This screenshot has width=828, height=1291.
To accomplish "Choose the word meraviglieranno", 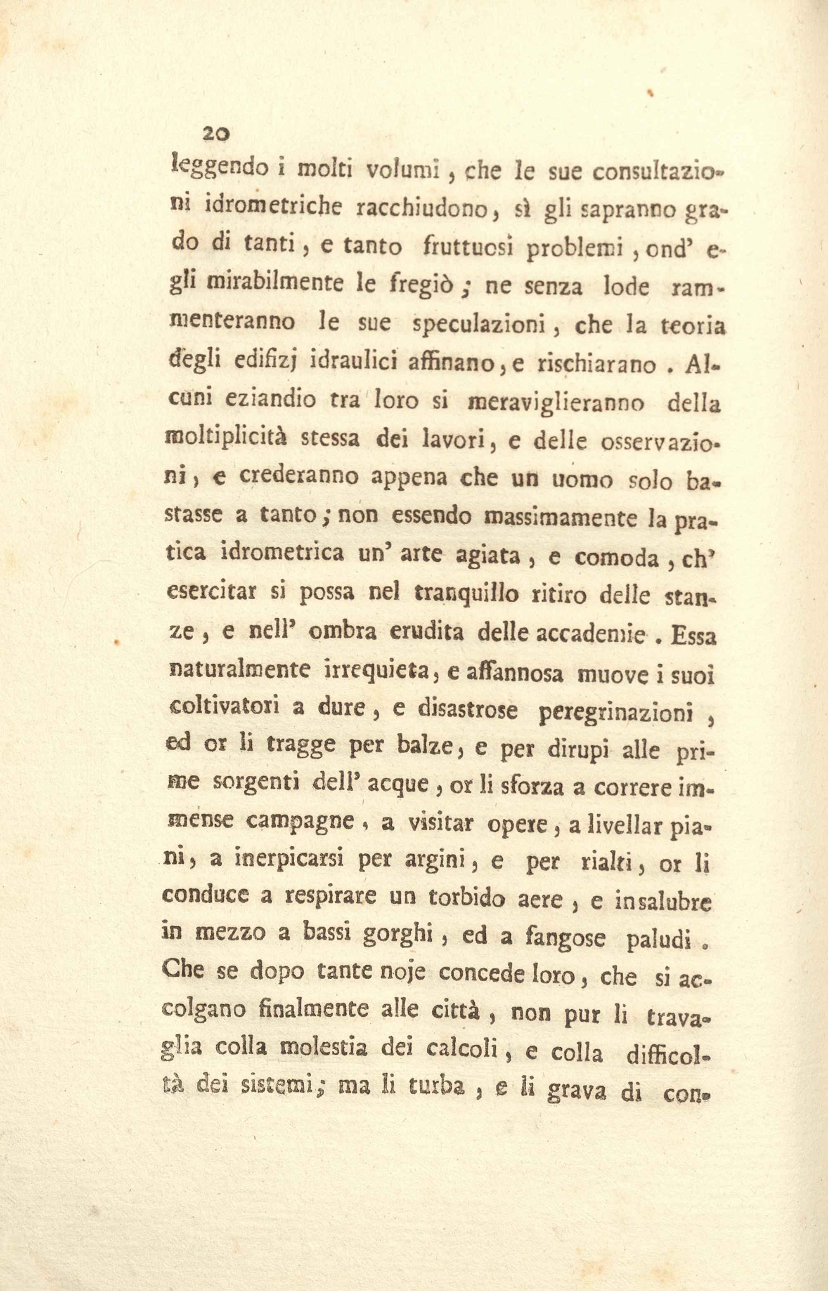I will [x=556, y=403].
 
